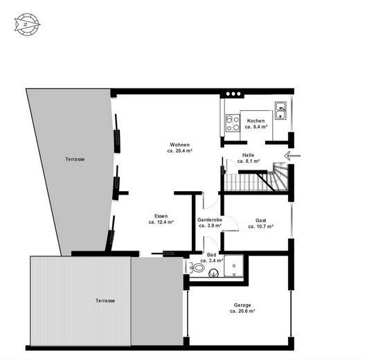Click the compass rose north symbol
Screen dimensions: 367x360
coord(27,25)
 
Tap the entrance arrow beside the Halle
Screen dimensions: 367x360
coord(292,155)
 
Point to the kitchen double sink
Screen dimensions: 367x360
coord(280,111)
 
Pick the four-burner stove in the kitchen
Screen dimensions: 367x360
coord(233,123)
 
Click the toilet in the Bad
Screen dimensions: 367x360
coord(197,267)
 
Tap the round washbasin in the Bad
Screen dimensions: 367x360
coord(213,273)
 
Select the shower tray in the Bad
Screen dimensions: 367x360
coord(234,266)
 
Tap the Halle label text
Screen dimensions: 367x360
coord(248,155)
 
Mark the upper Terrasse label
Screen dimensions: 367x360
coord(75,159)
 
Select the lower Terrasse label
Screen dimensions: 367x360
coord(105,300)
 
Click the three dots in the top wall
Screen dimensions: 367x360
coord(233,94)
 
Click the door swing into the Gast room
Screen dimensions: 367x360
coord(231,223)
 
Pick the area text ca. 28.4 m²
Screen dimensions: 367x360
coord(180,151)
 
